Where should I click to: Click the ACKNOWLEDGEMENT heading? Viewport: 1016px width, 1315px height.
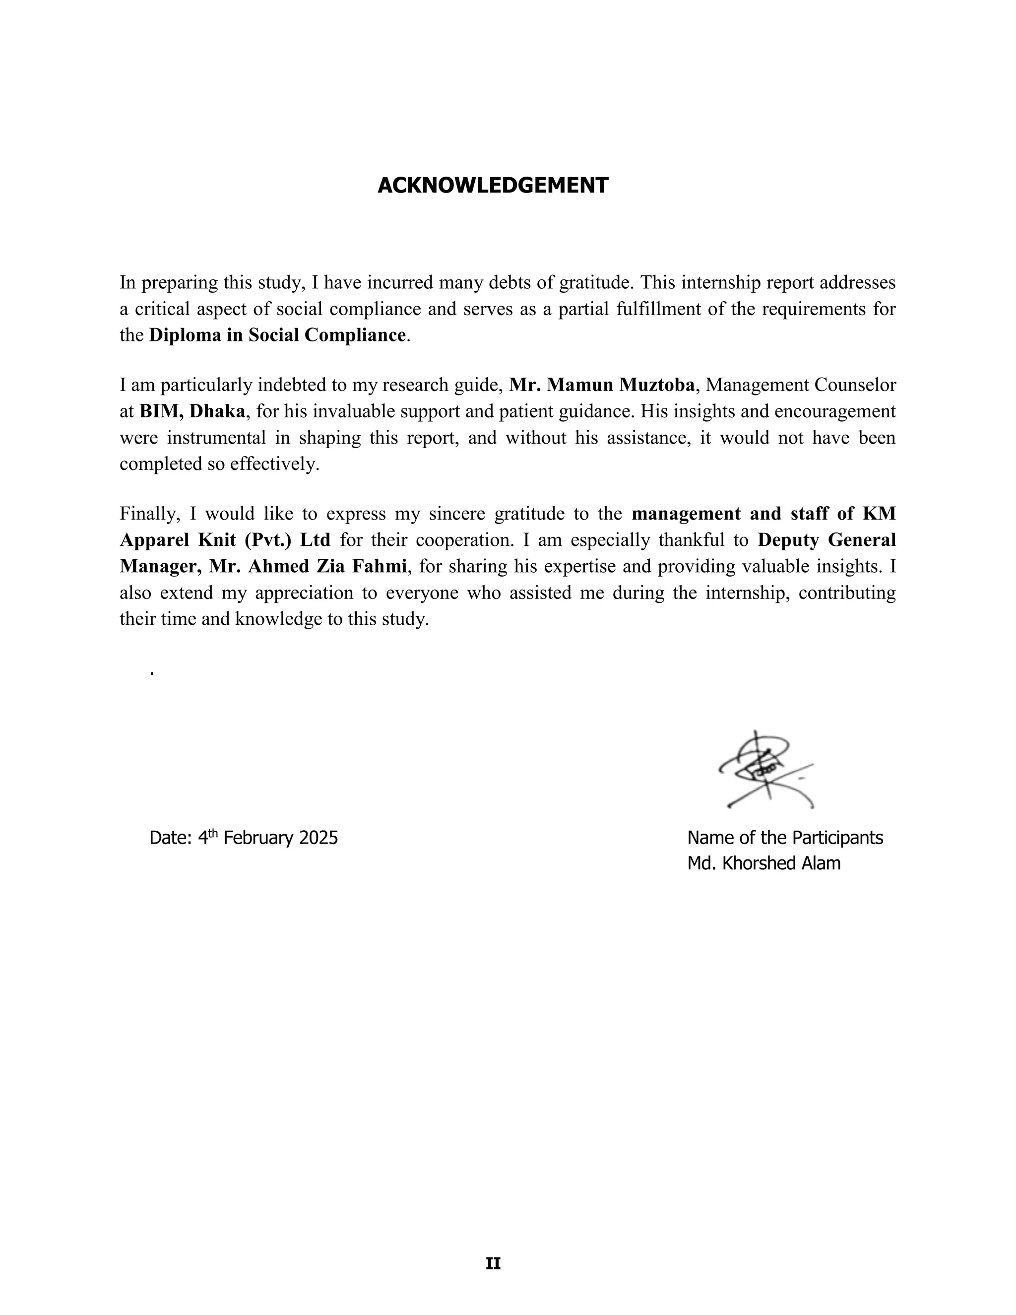coord(492,186)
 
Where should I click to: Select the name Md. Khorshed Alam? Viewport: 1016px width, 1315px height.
coord(763,863)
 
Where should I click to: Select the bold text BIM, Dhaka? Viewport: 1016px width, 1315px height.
coord(192,411)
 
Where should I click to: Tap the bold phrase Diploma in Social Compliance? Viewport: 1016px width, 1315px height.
coord(277,335)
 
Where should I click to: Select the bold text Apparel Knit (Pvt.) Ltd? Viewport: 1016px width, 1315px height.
coord(225,540)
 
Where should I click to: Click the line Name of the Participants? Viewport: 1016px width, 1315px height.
coord(785,838)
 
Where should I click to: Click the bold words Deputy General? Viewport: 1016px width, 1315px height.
coord(826,540)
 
